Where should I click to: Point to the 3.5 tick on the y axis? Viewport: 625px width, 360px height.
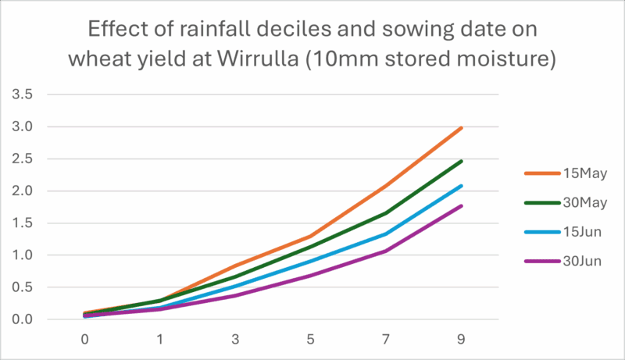[x=27, y=94]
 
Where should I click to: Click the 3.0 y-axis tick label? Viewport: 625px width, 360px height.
[x=27, y=127]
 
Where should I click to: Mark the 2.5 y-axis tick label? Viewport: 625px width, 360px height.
[x=27, y=159]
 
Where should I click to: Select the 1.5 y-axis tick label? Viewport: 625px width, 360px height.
[x=27, y=223]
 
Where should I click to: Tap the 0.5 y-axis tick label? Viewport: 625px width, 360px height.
[x=27, y=287]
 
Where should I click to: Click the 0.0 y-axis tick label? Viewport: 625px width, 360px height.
[x=27, y=319]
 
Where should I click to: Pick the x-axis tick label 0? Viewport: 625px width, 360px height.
[x=84, y=340]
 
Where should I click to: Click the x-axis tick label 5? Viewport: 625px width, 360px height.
[x=311, y=340]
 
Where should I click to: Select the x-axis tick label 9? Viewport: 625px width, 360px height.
[x=462, y=340]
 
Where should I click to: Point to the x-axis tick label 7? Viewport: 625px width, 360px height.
[x=386, y=340]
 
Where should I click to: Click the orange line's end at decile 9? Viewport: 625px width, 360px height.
[x=462, y=127]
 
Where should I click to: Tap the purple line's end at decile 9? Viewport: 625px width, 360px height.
[x=462, y=205]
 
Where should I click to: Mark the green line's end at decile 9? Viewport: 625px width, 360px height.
[x=462, y=161]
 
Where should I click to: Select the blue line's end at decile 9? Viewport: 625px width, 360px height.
[x=462, y=186]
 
